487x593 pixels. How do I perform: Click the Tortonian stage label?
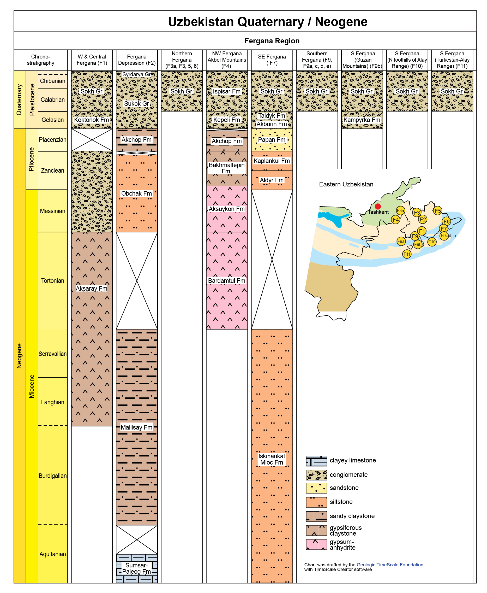[52, 280]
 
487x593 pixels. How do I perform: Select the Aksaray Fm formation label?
[92, 288]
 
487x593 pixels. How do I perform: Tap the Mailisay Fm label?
[137, 427]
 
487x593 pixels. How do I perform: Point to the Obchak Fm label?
[137, 193]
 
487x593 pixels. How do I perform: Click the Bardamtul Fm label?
[227, 280]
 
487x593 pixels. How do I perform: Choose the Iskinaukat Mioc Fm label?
[272, 459]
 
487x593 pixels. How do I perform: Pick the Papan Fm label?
[272, 139]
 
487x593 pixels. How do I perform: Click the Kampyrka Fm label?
[362, 120]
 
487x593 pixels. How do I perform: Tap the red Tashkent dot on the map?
[378, 206]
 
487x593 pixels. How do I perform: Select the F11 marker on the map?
[407, 254]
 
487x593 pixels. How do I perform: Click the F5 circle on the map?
[438, 210]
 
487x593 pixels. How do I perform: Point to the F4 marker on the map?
[395, 220]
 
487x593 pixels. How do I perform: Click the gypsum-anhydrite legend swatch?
[316, 544]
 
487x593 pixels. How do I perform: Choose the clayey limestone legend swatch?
[316, 461]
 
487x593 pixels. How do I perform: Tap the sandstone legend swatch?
[316, 488]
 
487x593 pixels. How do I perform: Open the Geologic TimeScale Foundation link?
[390, 565]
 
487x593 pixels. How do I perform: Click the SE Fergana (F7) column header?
[272, 60]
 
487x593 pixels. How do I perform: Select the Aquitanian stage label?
[52, 554]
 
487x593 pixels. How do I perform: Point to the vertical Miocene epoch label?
[32, 386]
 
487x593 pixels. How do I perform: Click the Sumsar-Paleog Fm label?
[137, 568]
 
